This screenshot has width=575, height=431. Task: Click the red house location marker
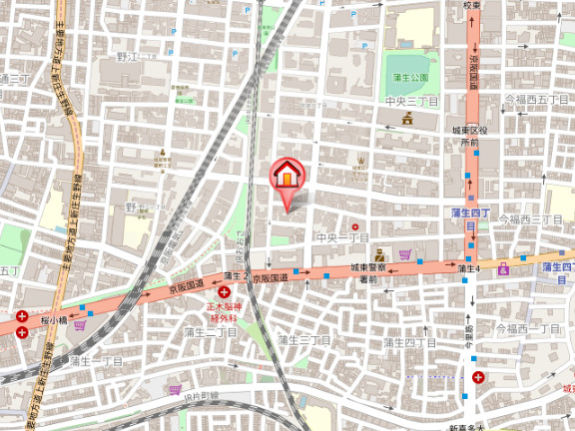pos(287,176)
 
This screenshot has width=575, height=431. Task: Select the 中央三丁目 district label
pos(411,102)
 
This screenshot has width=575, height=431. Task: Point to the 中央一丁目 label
pos(341,238)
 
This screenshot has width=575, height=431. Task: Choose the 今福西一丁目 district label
pos(532,328)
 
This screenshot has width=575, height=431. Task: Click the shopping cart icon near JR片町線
pos(175,390)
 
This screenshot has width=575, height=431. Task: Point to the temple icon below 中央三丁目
pos(408,120)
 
